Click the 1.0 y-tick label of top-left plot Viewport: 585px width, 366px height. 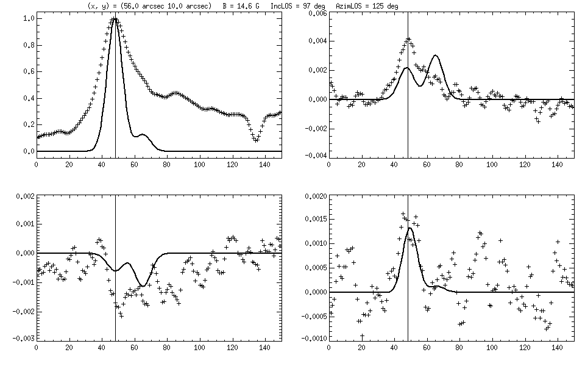[27, 19]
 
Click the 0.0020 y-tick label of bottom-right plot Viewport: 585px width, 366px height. [314, 196]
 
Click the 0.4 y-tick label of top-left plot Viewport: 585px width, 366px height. [27, 98]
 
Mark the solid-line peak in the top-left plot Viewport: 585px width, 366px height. [115, 19]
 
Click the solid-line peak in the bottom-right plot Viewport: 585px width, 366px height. [410, 228]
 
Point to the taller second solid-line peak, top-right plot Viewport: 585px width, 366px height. [435, 56]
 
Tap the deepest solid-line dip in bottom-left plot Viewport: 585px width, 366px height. [143, 285]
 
